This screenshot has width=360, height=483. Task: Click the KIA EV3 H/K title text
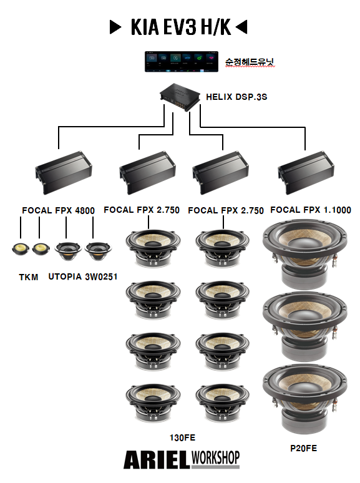tap(181, 27)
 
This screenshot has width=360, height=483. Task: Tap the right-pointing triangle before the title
tap(115, 27)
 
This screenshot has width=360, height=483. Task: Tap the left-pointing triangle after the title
tap(241, 27)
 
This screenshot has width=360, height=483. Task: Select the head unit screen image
tap(182, 62)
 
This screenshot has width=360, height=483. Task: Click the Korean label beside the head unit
tap(249, 62)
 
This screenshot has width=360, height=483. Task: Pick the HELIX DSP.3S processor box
tap(180, 97)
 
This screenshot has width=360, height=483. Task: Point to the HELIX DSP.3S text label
tap(236, 97)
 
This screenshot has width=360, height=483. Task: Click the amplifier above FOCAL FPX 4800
tap(64, 172)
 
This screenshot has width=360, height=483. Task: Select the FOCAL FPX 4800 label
tap(58, 210)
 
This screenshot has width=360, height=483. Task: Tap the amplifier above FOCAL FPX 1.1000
tap(306, 172)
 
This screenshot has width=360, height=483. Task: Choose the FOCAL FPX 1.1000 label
tap(311, 210)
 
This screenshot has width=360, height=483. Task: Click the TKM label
tap(29, 277)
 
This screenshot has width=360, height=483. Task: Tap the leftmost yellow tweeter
tap(21, 249)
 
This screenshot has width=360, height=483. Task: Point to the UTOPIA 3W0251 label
tap(83, 276)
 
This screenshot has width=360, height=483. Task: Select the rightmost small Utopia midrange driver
tap(98, 251)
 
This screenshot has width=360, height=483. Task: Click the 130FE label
tap(182, 437)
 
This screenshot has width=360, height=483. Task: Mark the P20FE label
tap(304, 448)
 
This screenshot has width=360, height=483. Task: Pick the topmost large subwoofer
tap(305, 253)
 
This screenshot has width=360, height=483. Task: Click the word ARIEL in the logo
tap(157, 459)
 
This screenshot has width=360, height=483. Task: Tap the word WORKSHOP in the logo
tap(215, 457)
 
